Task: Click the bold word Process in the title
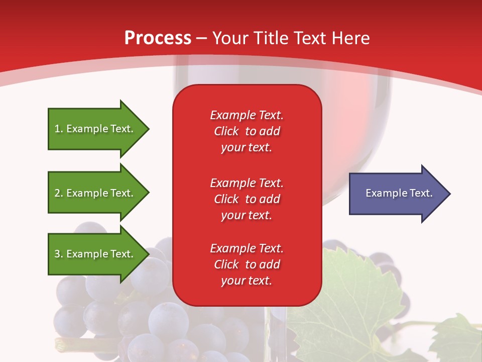pos(158,38)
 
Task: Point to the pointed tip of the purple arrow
pos(449,194)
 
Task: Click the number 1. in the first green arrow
pos(59,129)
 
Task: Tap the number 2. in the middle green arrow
pos(59,193)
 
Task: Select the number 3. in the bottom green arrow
pos(59,254)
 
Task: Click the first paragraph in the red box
pos(247,131)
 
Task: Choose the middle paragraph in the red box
pos(247,199)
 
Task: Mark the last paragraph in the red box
pos(247,264)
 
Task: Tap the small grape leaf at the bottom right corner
pos(457,339)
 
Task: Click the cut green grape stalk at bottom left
pos(63,344)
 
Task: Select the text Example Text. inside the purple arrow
pos(399,193)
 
